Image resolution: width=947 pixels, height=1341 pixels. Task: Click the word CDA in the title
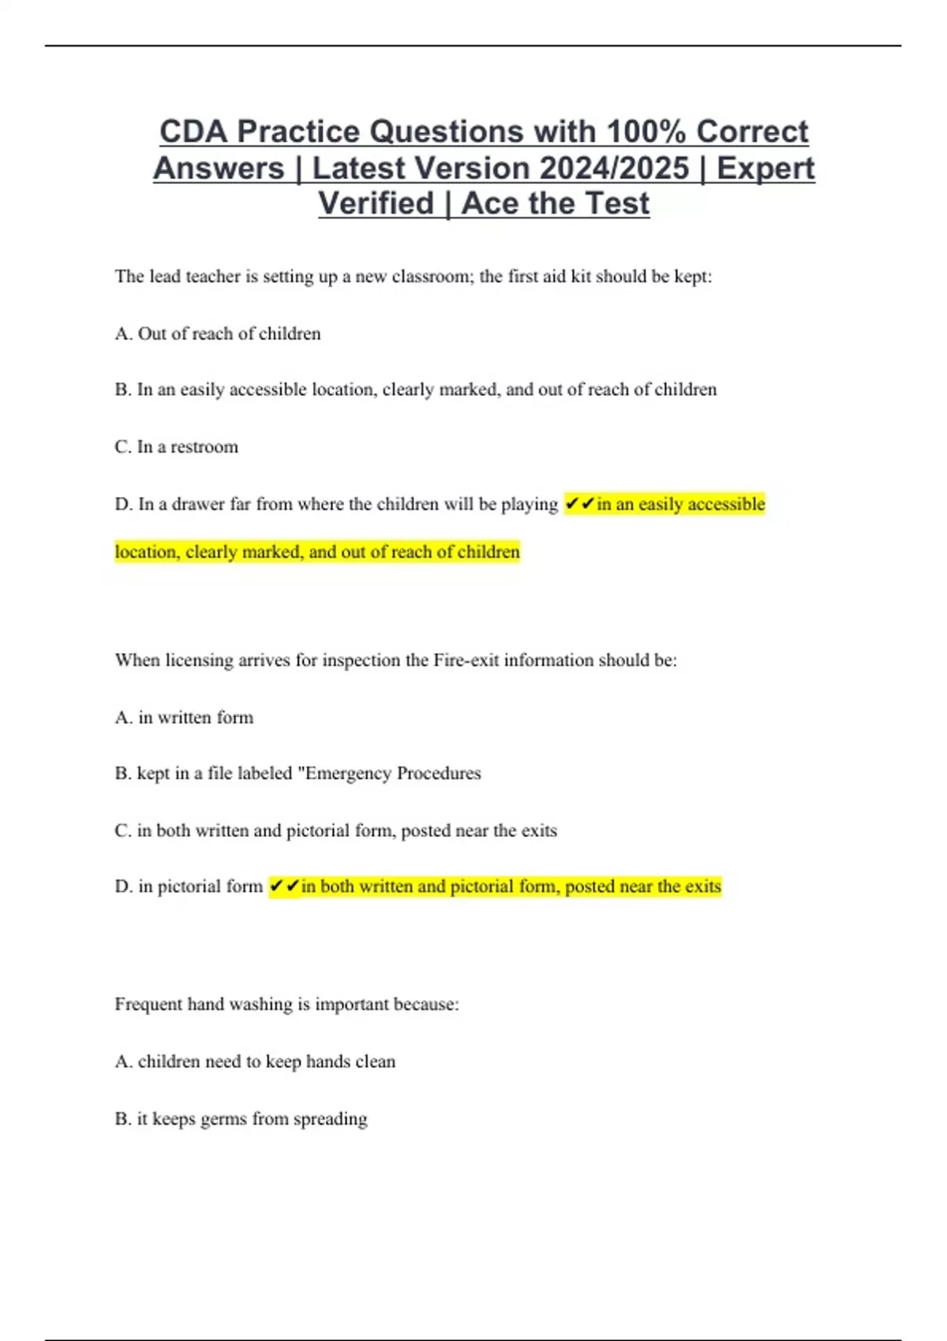pyautogui.click(x=193, y=132)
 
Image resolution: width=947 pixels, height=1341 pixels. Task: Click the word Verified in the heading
pyautogui.click(x=376, y=204)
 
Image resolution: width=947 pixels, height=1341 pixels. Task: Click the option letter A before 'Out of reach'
pyautogui.click(x=123, y=334)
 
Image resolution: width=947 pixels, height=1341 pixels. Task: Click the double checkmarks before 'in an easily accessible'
pyautogui.click(x=580, y=504)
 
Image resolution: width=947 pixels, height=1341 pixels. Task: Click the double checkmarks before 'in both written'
pyautogui.click(x=284, y=887)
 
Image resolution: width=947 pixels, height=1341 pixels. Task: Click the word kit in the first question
pyautogui.click(x=580, y=277)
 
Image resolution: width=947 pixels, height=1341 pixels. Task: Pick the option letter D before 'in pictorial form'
pyautogui.click(x=123, y=887)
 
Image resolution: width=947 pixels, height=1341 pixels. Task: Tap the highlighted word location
pyautogui.click(x=147, y=552)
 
